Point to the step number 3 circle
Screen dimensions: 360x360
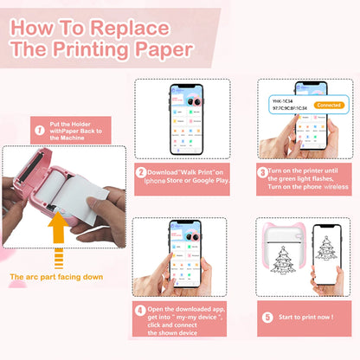(x=262, y=170)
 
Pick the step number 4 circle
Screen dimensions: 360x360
(x=141, y=309)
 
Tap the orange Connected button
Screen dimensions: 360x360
(x=330, y=104)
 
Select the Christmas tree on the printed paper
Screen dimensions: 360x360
(x=284, y=263)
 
